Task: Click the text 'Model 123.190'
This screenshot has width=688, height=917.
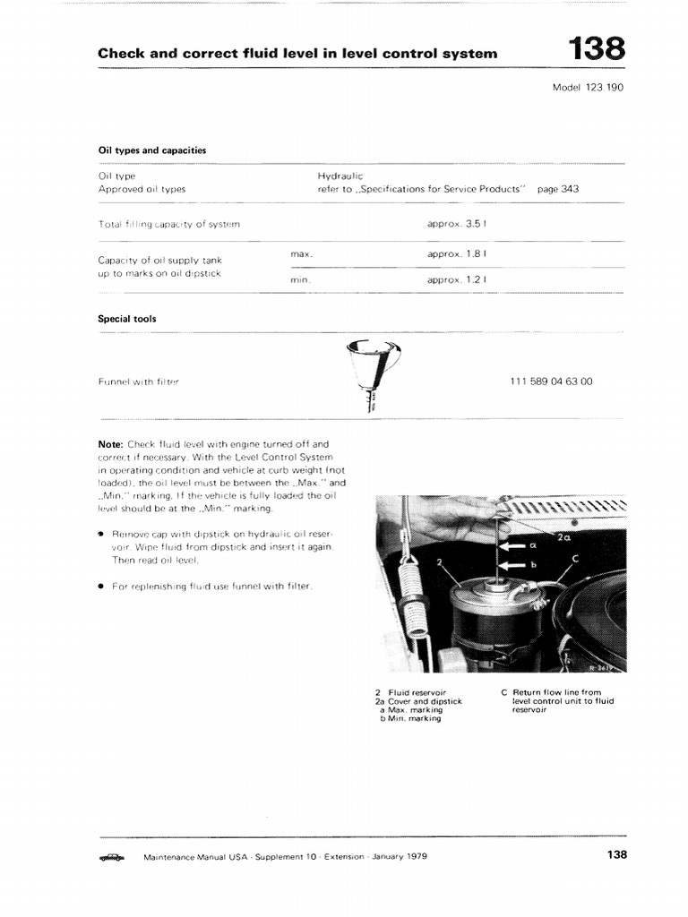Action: [593, 88]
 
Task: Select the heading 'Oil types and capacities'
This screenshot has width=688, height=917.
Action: [151, 150]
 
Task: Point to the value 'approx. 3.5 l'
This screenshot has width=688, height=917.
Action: [457, 224]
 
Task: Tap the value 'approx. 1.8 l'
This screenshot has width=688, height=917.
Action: [457, 254]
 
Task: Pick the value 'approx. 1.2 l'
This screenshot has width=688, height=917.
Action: [457, 279]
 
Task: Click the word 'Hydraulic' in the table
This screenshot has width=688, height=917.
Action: [340, 176]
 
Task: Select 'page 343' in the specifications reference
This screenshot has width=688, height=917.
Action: [557, 189]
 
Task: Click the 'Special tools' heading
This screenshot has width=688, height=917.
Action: [126, 318]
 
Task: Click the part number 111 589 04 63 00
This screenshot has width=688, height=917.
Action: [551, 381]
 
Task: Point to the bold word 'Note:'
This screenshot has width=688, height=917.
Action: [111, 443]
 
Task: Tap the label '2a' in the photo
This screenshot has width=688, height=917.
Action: [563, 537]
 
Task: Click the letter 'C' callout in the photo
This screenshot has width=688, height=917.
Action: [575, 559]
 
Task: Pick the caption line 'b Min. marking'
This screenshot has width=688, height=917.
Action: [410, 719]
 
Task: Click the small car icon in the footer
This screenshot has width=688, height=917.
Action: [112, 857]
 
